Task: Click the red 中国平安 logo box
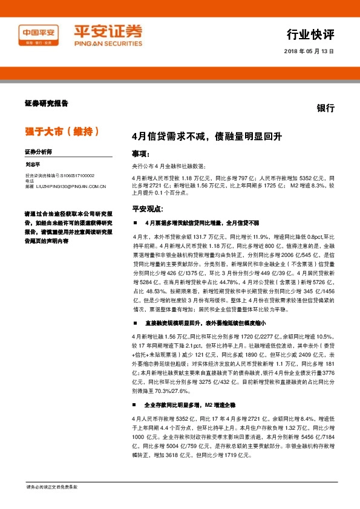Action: pos(40,34)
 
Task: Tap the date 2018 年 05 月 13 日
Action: pos(309,52)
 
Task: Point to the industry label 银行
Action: pos(326,108)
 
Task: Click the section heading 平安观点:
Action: pos(147,209)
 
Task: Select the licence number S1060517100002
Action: pos(77,175)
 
